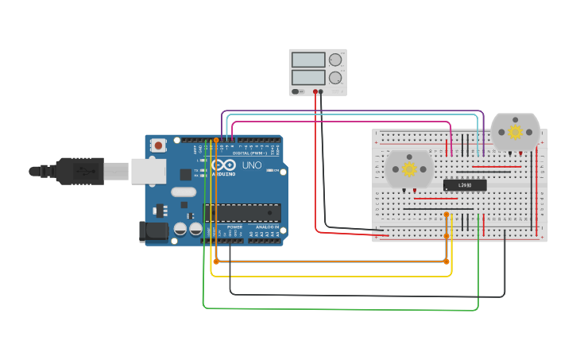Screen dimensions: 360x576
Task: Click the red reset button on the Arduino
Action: (x=159, y=145)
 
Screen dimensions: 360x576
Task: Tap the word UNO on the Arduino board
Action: (x=251, y=165)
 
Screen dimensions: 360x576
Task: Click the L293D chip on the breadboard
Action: (x=465, y=185)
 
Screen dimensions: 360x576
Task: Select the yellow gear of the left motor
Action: (x=409, y=168)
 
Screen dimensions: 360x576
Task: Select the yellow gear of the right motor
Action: (x=515, y=132)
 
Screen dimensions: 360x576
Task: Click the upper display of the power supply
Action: (x=308, y=60)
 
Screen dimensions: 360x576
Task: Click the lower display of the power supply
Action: (x=308, y=78)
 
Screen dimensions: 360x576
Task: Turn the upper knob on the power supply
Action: (x=335, y=60)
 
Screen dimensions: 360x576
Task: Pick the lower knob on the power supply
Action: (x=335, y=78)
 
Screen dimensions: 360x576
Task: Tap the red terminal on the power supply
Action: (x=315, y=91)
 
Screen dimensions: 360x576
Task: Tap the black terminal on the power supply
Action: (x=322, y=91)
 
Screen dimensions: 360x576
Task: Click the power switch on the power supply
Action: (x=296, y=91)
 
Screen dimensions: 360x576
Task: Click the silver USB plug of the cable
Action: (x=114, y=171)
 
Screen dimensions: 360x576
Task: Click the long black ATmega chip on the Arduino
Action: (x=242, y=212)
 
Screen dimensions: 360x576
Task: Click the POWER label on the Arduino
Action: (x=234, y=227)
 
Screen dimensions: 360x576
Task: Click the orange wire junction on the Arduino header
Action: (x=215, y=139)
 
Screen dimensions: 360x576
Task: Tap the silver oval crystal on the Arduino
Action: (x=183, y=191)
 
